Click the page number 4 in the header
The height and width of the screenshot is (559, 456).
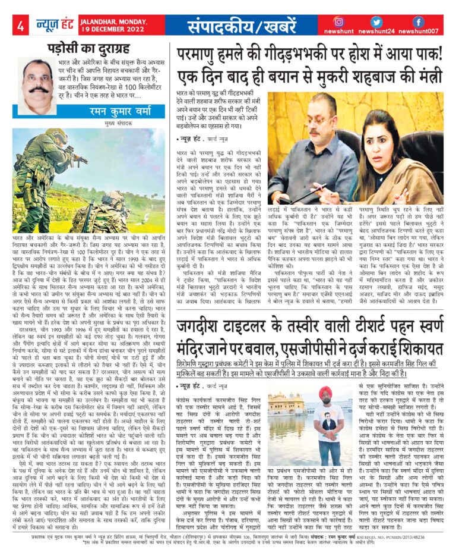pyautogui.click(x=20, y=26)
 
